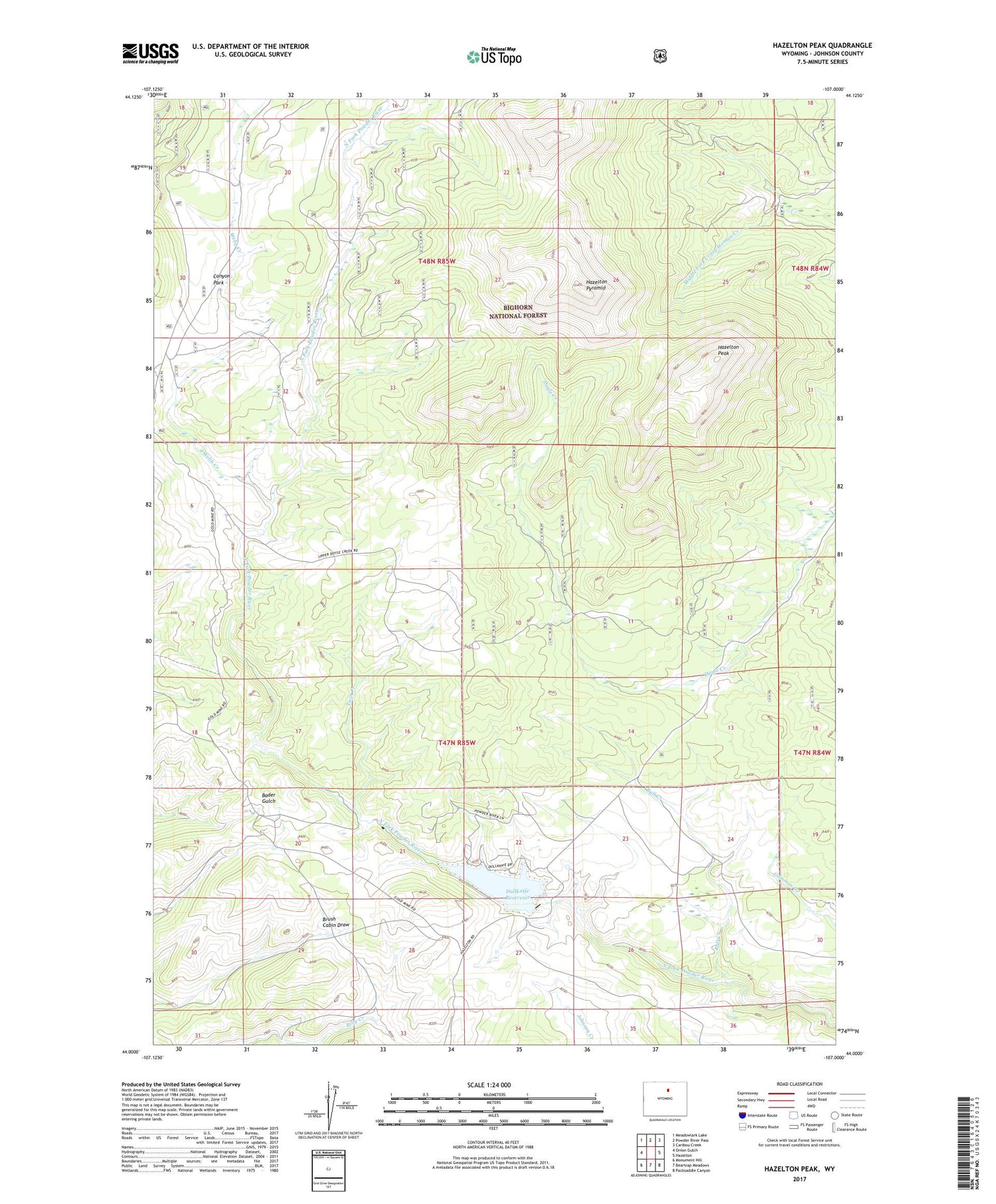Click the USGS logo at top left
pyautogui.click(x=150, y=53)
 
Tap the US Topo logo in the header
pyautogui.click(x=494, y=56)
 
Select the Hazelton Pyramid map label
pyautogui.click(x=596, y=285)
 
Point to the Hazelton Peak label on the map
pyautogui.click(x=728, y=350)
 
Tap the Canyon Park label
pyautogui.click(x=221, y=280)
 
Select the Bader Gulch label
pyautogui.click(x=268, y=798)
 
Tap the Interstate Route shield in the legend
pyautogui.click(x=742, y=1115)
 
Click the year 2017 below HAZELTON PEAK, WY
pyautogui.click(x=799, y=1180)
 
